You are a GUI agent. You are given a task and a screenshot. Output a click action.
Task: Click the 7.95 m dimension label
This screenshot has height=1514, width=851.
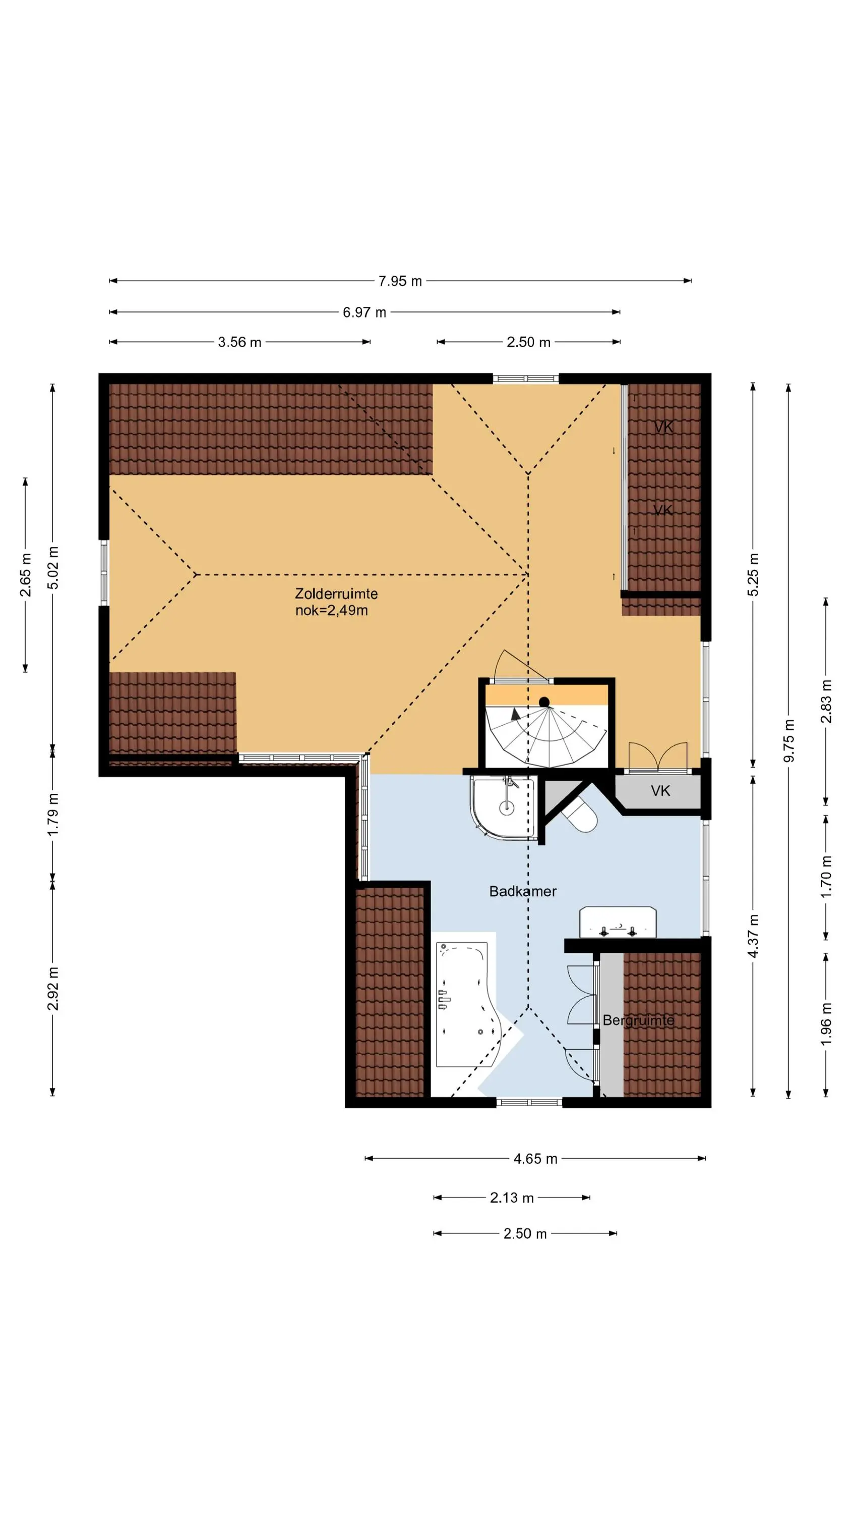(400, 281)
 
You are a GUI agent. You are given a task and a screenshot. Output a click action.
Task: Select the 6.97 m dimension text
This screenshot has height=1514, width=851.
(364, 312)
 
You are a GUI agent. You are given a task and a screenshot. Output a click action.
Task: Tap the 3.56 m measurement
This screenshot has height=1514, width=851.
(239, 342)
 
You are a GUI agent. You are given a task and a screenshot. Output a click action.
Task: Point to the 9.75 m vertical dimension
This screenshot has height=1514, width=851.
(789, 740)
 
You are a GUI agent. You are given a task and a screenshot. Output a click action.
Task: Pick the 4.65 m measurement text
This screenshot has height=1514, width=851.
(535, 1158)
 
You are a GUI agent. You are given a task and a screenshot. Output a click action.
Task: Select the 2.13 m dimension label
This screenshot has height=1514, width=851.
(512, 1198)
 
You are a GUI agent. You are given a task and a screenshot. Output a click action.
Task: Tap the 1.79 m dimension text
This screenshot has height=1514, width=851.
(53, 814)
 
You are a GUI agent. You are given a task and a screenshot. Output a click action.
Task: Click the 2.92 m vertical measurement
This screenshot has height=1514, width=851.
(53, 989)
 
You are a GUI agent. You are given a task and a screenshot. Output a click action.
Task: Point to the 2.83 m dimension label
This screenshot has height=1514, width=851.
(826, 701)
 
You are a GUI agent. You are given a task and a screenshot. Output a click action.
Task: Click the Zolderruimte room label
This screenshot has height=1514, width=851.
(336, 593)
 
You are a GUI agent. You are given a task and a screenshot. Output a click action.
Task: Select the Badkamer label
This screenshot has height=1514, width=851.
(523, 891)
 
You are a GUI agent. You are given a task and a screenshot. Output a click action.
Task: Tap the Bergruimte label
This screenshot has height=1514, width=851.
(638, 1020)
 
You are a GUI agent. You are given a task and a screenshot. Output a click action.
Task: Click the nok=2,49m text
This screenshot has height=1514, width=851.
(332, 611)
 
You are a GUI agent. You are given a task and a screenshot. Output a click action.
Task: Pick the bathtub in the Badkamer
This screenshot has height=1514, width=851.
(467, 1005)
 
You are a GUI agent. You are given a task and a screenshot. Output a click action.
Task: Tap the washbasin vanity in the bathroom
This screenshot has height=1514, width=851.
(618, 922)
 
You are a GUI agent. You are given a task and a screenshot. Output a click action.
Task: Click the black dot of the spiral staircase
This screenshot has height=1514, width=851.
(544, 702)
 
